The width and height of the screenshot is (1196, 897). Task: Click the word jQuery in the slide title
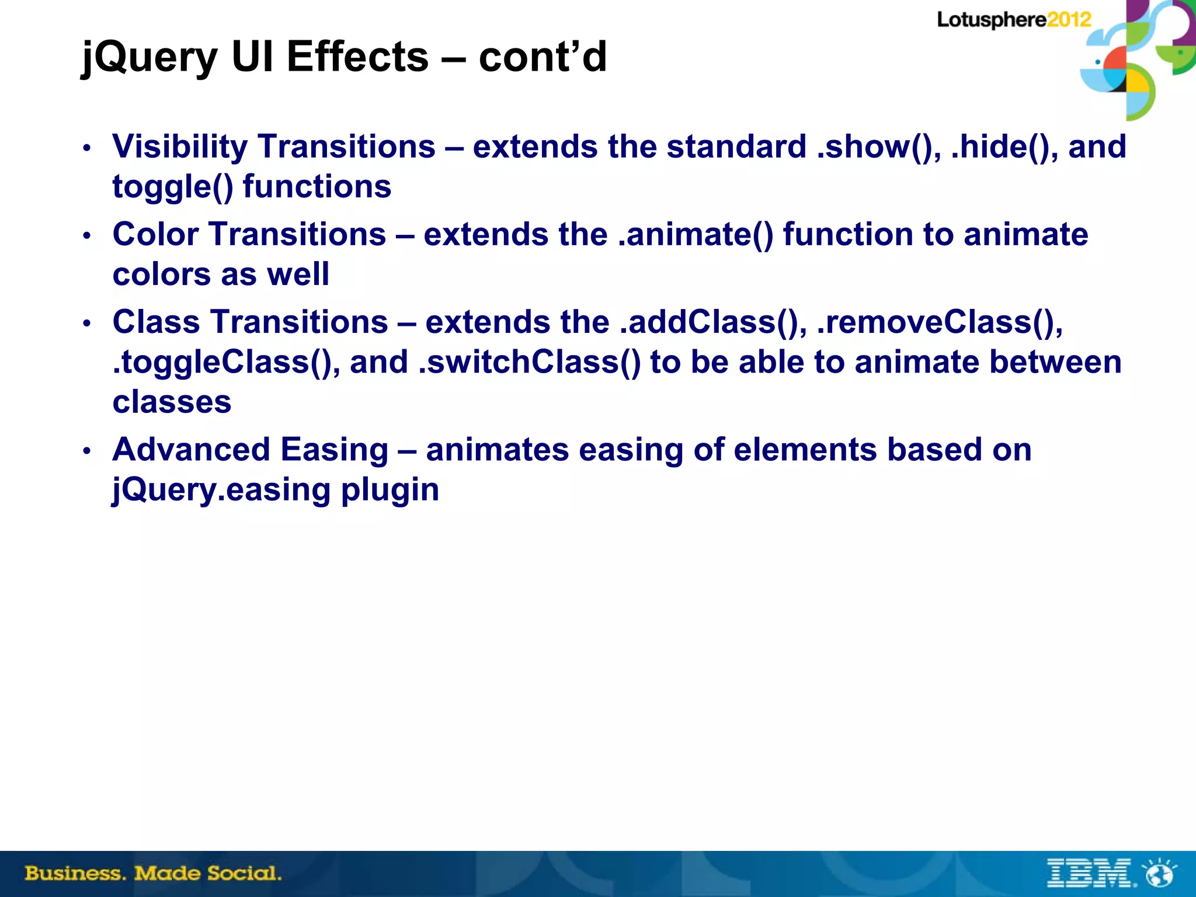tap(149, 57)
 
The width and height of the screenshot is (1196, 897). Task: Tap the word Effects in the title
tap(357, 57)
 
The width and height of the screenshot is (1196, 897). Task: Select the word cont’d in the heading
tap(543, 57)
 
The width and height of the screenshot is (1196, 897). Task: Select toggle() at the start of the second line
tap(173, 187)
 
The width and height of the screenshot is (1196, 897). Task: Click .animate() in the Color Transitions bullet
tap(696, 234)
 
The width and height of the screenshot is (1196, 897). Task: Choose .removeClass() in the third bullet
tap(940, 322)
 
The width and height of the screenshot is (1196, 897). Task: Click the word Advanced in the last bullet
tap(191, 450)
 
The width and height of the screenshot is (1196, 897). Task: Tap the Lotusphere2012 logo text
tap(1014, 20)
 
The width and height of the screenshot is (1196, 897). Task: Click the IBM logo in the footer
tap(1090, 873)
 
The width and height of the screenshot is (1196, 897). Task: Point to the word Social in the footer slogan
tap(244, 873)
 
